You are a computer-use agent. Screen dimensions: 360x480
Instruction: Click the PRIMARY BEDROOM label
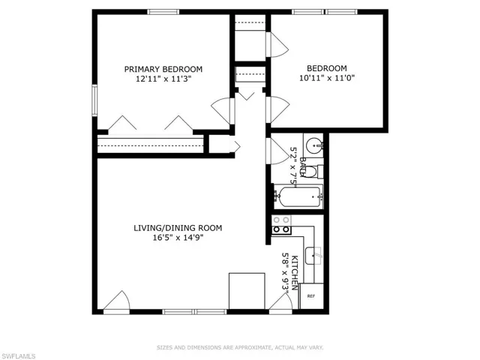pyautogui.click(x=163, y=69)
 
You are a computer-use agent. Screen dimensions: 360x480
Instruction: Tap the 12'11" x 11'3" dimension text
pyautogui.click(x=163, y=78)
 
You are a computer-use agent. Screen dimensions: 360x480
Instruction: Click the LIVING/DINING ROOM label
pyautogui.click(x=178, y=228)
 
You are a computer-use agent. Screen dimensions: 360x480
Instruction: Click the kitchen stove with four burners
pyautogui.click(x=282, y=224)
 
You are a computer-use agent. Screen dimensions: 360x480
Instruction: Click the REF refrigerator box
pyautogui.click(x=310, y=296)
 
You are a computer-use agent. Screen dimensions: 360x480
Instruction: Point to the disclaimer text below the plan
pyautogui.click(x=240, y=347)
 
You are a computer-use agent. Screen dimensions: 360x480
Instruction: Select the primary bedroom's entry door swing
pyautogui.click(x=223, y=110)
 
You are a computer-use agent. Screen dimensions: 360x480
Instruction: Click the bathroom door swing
pyautogui.click(x=277, y=147)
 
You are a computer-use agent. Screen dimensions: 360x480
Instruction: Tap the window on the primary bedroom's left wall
pyautogui.click(x=94, y=100)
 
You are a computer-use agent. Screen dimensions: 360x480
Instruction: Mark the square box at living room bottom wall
pyautogui.click(x=246, y=290)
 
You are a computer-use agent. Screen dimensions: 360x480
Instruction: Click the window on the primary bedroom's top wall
pyautogui.click(x=162, y=11)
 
